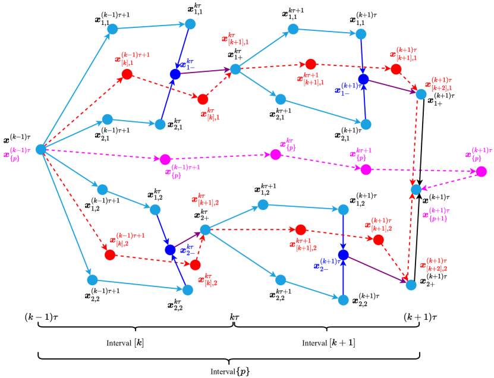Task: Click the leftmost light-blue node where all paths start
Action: tap(41, 149)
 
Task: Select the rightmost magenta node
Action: tap(480, 172)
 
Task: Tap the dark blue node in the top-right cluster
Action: tap(364, 79)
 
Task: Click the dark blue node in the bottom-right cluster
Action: tap(343, 255)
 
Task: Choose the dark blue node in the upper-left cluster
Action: tap(175, 74)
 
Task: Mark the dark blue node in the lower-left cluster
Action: tap(170, 250)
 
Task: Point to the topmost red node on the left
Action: tap(127, 74)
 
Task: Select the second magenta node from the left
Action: tap(275, 155)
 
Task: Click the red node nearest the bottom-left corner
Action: tap(109, 255)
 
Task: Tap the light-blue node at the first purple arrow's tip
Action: tap(235, 70)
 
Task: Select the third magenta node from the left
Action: tap(366, 170)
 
